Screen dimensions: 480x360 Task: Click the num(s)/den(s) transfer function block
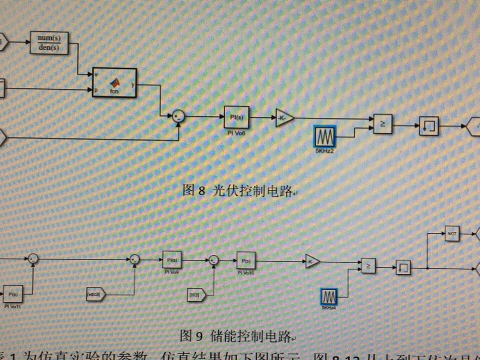click(x=49, y=42)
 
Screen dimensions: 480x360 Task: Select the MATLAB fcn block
click(x=114, y=82)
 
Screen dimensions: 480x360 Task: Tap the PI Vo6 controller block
click(x=236, y=117)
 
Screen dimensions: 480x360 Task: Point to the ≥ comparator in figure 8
click(x=382, y=123)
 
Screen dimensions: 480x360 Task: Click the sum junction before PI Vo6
click(x=178, y=117)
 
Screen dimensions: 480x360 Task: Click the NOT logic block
click(x=452, y=233)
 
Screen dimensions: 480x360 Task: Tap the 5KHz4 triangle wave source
click(x=328, y=296)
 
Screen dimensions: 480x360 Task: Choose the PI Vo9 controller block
click(x=171, y=259)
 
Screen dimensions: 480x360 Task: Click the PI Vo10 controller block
click(x=245, y=260)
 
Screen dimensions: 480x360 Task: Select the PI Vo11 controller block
click(x=13, y=293)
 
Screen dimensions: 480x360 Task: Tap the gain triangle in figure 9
click(x=312, y=261)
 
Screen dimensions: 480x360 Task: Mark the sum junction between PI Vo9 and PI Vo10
click(x=213, y=259)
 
